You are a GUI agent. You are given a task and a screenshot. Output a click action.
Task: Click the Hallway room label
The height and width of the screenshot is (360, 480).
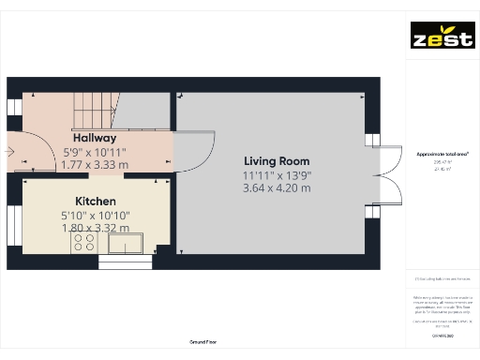(x=95, y=138)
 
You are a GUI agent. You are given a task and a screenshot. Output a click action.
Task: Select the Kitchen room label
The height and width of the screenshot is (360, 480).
(x=96, y=201)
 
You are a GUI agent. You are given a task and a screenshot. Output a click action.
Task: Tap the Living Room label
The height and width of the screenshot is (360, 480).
(x=277, y=160)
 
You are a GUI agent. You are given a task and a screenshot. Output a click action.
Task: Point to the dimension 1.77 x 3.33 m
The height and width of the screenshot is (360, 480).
(x=95, y=164)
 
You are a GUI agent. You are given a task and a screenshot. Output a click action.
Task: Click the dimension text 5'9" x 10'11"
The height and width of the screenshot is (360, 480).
(x=95, y=151)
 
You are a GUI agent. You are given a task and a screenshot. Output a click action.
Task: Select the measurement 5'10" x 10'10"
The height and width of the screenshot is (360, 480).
(x=96, y=215)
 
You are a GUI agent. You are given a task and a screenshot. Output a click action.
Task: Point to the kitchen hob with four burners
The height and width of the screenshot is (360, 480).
(x=82, y=243)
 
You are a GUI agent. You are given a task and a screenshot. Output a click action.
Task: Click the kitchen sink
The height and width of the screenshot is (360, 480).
(x=126, y=244)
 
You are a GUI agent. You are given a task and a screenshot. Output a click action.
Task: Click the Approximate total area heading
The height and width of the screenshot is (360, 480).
(x=442, y=153)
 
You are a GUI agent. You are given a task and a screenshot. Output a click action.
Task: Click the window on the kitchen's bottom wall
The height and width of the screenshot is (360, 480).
(x=125, y=262)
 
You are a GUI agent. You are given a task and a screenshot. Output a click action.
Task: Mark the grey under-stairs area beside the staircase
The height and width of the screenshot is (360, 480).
(x=145, y=111)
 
